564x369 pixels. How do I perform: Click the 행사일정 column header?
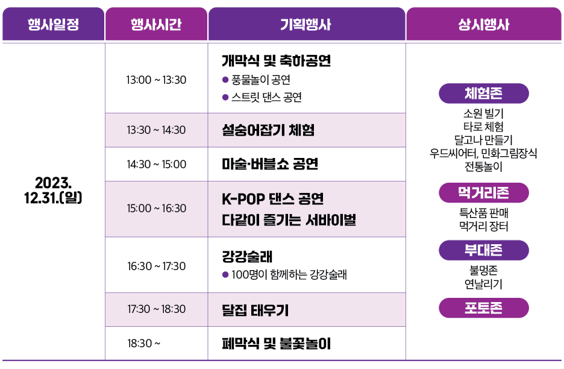pyautogui.click(x=53, y=24)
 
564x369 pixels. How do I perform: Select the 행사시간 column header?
pyautogui.click(x=156, y=24)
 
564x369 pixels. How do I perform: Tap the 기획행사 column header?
pyautogui.click(x=307, y=24)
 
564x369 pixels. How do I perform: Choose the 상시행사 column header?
pyautogui.click(x=484, y=24)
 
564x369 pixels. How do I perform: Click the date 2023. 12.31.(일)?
pyautogui.click(x=53, y=190)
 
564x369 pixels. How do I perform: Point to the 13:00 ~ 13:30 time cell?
pyautogui.click(x=156, y=80)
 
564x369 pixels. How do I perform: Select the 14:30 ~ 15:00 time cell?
pyautogui.click(x=156, y=164)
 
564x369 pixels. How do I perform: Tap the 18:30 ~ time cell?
pyautogui.click(x=144, y=344)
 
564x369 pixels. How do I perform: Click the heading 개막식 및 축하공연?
pyautogui.click(x=276, y=60)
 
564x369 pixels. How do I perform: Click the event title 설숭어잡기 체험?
pyautogui.click(x=268, y=130)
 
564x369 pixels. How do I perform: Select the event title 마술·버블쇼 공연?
pyautogui.click(x=270, y=164)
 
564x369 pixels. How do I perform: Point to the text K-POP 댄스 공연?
pyautogui.click(x=272, y=199)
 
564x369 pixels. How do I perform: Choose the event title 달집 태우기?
pyautogui.click(x=255, y=309)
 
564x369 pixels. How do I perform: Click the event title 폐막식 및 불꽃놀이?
pyautogui.click(x=276, y=344)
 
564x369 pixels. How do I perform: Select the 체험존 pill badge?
pyautogui.click(x=484, y=93)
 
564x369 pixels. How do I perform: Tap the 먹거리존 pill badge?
pyautogui.click(x=484, y=193)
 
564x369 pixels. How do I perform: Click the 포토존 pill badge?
pyautogui.click(x=484, y=307)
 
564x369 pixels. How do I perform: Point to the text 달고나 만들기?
pyautogui.click(x=483, y=140)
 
